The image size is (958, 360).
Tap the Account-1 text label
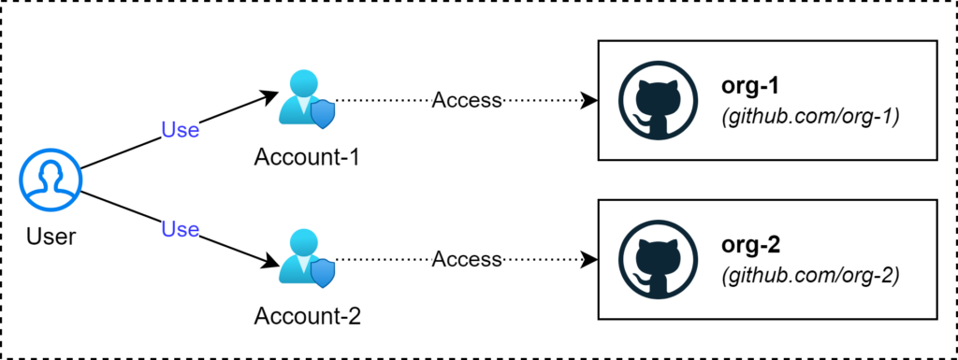(307, 155)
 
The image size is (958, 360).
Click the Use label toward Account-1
(181, 130)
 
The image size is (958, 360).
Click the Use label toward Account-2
(181, 228)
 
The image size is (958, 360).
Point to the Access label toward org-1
(467, 100)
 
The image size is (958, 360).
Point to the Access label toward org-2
(467, 259)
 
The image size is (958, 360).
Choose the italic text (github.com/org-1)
(809, 117)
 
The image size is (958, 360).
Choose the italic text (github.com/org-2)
(809, 276)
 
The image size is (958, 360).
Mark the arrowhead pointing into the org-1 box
(589, 100)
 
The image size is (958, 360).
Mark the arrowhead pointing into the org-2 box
(589, 259)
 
